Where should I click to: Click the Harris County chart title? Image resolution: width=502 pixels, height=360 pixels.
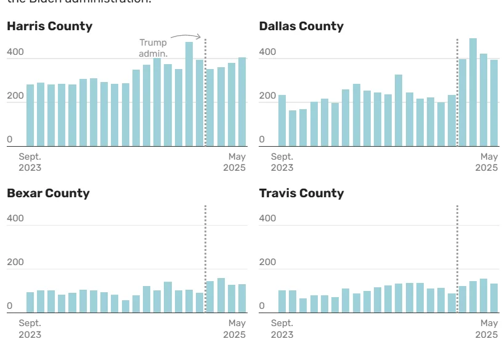(x=49, y=26)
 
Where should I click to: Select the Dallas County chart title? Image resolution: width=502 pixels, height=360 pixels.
(x=301, y=26)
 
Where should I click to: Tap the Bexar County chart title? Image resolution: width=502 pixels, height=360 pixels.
(x=48, y=193)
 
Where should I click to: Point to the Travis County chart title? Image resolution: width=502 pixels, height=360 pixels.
(x=301, y=193)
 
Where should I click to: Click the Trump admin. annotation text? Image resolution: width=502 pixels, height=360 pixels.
(x=153, y=48)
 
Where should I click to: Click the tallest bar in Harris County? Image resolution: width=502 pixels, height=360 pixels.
(x=189, y=94)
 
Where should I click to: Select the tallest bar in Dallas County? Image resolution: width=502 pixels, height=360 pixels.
(x=473, y=92)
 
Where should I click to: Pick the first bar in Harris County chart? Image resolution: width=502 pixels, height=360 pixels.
(x=30, y=115)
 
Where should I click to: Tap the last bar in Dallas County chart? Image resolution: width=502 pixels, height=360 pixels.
(x=493, y=102)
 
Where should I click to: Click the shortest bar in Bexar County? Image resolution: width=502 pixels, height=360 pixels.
(x=126, y=306)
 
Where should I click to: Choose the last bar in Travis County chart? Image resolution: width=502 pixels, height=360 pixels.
(x=493, y=298)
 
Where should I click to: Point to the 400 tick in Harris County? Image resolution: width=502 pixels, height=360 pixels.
(x=15, y=52)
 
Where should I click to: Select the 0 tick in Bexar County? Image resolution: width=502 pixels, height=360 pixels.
(x=9, y=306)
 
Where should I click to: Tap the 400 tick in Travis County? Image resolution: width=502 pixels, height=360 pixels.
(x=267, y=218)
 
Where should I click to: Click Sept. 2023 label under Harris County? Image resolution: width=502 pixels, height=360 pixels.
(x=30, y=162)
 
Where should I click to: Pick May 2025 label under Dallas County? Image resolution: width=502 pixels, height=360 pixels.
(x=487, y=162)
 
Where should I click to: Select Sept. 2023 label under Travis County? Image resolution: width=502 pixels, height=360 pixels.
(x=282, y=329)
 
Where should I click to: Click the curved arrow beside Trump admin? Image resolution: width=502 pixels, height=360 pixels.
(x=186, y=37)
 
